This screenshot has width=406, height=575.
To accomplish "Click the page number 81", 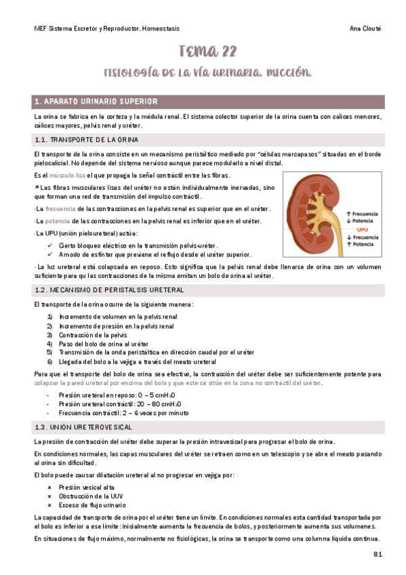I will coord(378,554).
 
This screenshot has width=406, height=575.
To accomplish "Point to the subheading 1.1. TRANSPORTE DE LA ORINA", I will coord(87,140).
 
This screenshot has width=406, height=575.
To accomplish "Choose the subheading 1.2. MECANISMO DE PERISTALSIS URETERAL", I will coord(108,289).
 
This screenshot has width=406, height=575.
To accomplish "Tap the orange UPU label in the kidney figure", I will coord(363,230).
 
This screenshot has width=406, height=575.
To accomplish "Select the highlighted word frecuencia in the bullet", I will coord(60,208).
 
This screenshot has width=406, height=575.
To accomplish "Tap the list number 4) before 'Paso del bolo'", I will coord(49,344).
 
